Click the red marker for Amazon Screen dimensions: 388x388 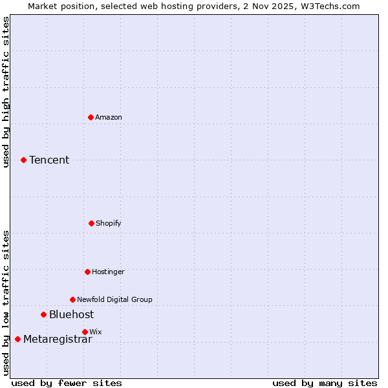point(91,117)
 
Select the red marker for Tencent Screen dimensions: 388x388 point(24,160)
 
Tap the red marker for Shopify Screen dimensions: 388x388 point(91,223)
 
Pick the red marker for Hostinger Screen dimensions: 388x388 point(87,272)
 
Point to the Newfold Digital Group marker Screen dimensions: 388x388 point(72,299)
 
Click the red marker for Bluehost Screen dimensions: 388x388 point(44,315)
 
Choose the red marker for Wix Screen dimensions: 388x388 point(85,332)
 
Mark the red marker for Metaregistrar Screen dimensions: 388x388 point(17,339)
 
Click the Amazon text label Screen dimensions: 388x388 point(109,117)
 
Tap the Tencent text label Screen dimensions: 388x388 point(49,160)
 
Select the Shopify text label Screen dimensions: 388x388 point(109,223)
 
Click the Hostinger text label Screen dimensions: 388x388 point(108,272)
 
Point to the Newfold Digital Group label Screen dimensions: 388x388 point(114,299)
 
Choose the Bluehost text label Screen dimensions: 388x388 point(71,315)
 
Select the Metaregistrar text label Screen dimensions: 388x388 point(58,339)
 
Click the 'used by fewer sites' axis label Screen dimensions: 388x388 point(67,383)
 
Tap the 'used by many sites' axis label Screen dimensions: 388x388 point(325,383)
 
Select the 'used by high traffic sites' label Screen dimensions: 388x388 point(6,92)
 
